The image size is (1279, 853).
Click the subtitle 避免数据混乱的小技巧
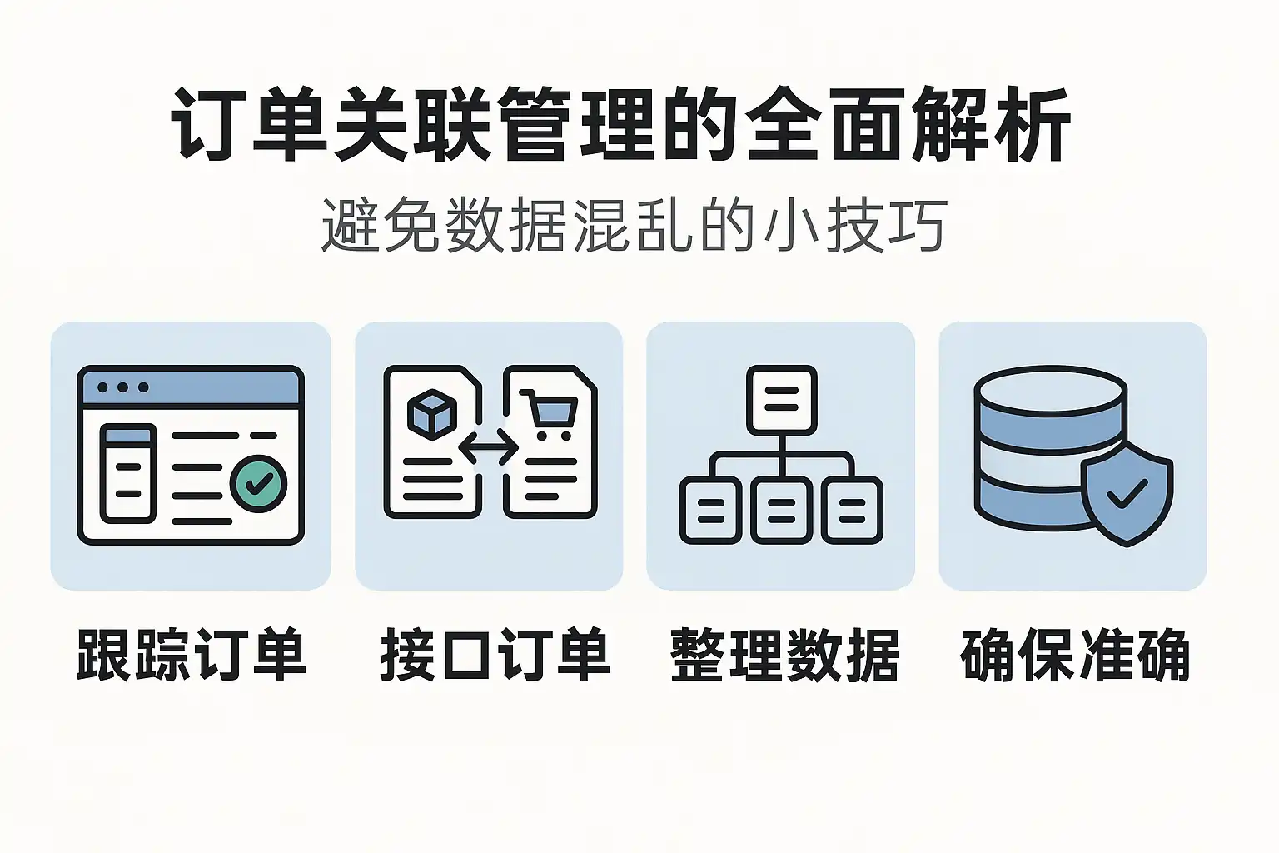pyautogui.click(x=633, y=225)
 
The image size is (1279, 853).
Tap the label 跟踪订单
pyautogui.click(x=192, y=656)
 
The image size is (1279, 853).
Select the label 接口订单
pyautogui.click(x=495, y=656)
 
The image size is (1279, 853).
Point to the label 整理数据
pyautogui.click(x=784, y=656)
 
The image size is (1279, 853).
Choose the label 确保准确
pyautogui.click(x=1074, y=656)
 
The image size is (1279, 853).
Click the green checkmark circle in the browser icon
pyautogui.click(x=258, y=483)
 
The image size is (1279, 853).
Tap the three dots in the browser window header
pyautogui.click(x=123, y=387)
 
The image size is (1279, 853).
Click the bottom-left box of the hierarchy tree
pyautogui.click(x=710, y=510)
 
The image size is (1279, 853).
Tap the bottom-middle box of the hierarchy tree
pyautogui.click(x=781, y=510)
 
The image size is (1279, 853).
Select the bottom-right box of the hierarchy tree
pyautogui.click(x=852, y=510)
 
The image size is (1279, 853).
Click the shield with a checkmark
pyautogui.click(x=1126, y=496)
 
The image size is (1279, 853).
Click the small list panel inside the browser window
pyautogui.click(x=127, y=472)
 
